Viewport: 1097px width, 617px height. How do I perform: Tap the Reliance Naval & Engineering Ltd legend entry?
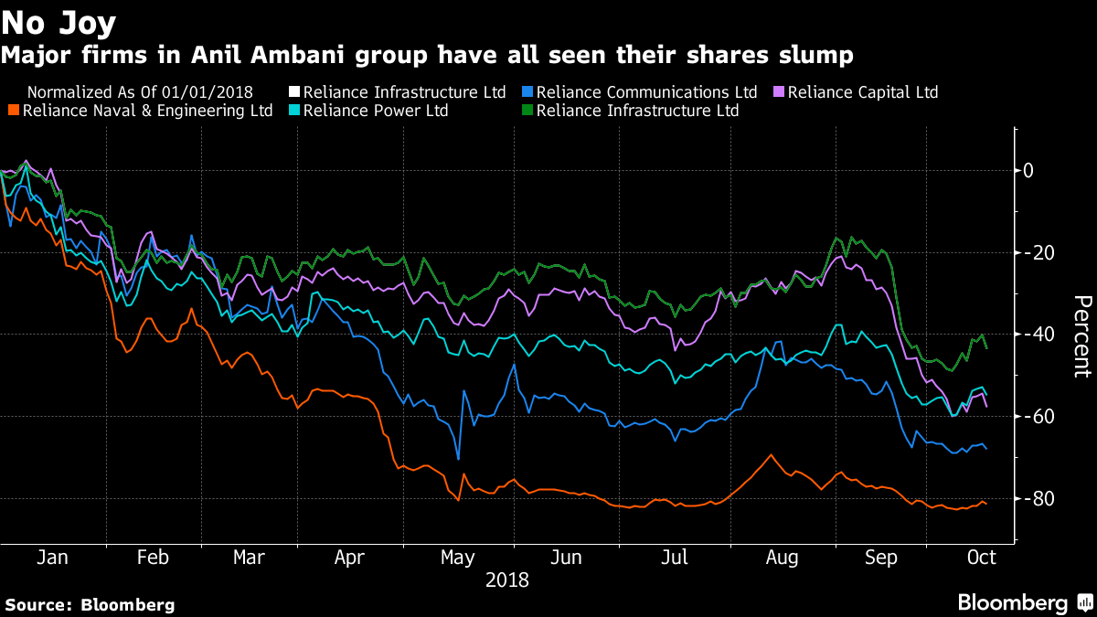click(147, 112)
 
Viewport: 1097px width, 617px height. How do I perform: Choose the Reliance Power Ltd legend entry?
click(376, 112)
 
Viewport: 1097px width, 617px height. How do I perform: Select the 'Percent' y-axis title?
click(1081, 335)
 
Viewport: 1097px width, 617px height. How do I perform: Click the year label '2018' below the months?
click(506, 580)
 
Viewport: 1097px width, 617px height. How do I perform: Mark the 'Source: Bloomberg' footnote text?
click(90, 604)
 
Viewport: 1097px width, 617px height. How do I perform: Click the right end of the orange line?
click(985, 504)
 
